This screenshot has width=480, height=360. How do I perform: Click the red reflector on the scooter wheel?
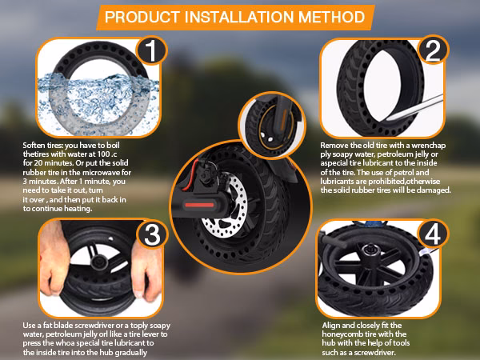point(207,203)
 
